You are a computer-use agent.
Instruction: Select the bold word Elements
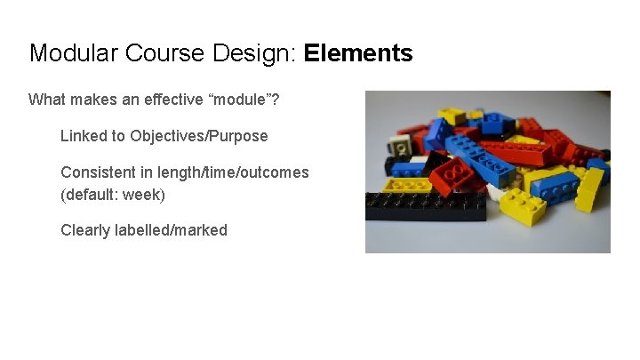coord(358,53)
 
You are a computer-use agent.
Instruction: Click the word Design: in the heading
coord(255,53)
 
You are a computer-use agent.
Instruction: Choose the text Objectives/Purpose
coord(198,136)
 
